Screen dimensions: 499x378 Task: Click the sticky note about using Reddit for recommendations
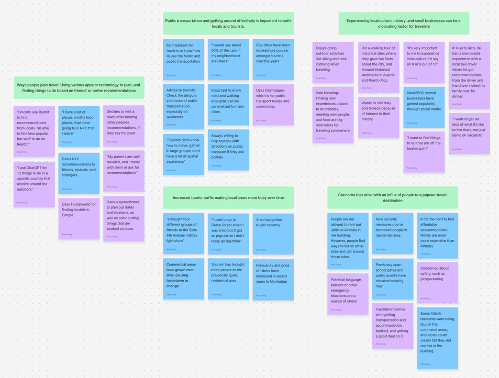click(x=34, y=131)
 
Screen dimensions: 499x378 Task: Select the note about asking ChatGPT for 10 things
click(x=34, y=184)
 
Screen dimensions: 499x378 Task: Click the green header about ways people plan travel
click(x=79, y=87)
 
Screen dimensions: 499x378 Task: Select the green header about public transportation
click(x=228, y=24)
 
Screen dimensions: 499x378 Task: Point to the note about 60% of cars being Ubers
click(x=228, y=59)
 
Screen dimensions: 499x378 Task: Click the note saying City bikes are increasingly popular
click(x=273, y=59)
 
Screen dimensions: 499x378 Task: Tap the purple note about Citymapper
click(x=273, y=105)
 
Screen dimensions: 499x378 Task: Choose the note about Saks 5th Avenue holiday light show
click(x=183, y=234)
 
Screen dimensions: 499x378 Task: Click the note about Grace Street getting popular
click(x=228, y=234)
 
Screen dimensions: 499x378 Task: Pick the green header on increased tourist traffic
click(x=228, y=198)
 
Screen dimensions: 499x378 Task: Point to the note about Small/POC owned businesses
click(x=424, y=107)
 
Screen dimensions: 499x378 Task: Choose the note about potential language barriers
click(x=348, y=294)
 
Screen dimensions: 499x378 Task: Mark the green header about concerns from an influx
click(x=393, y=197)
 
